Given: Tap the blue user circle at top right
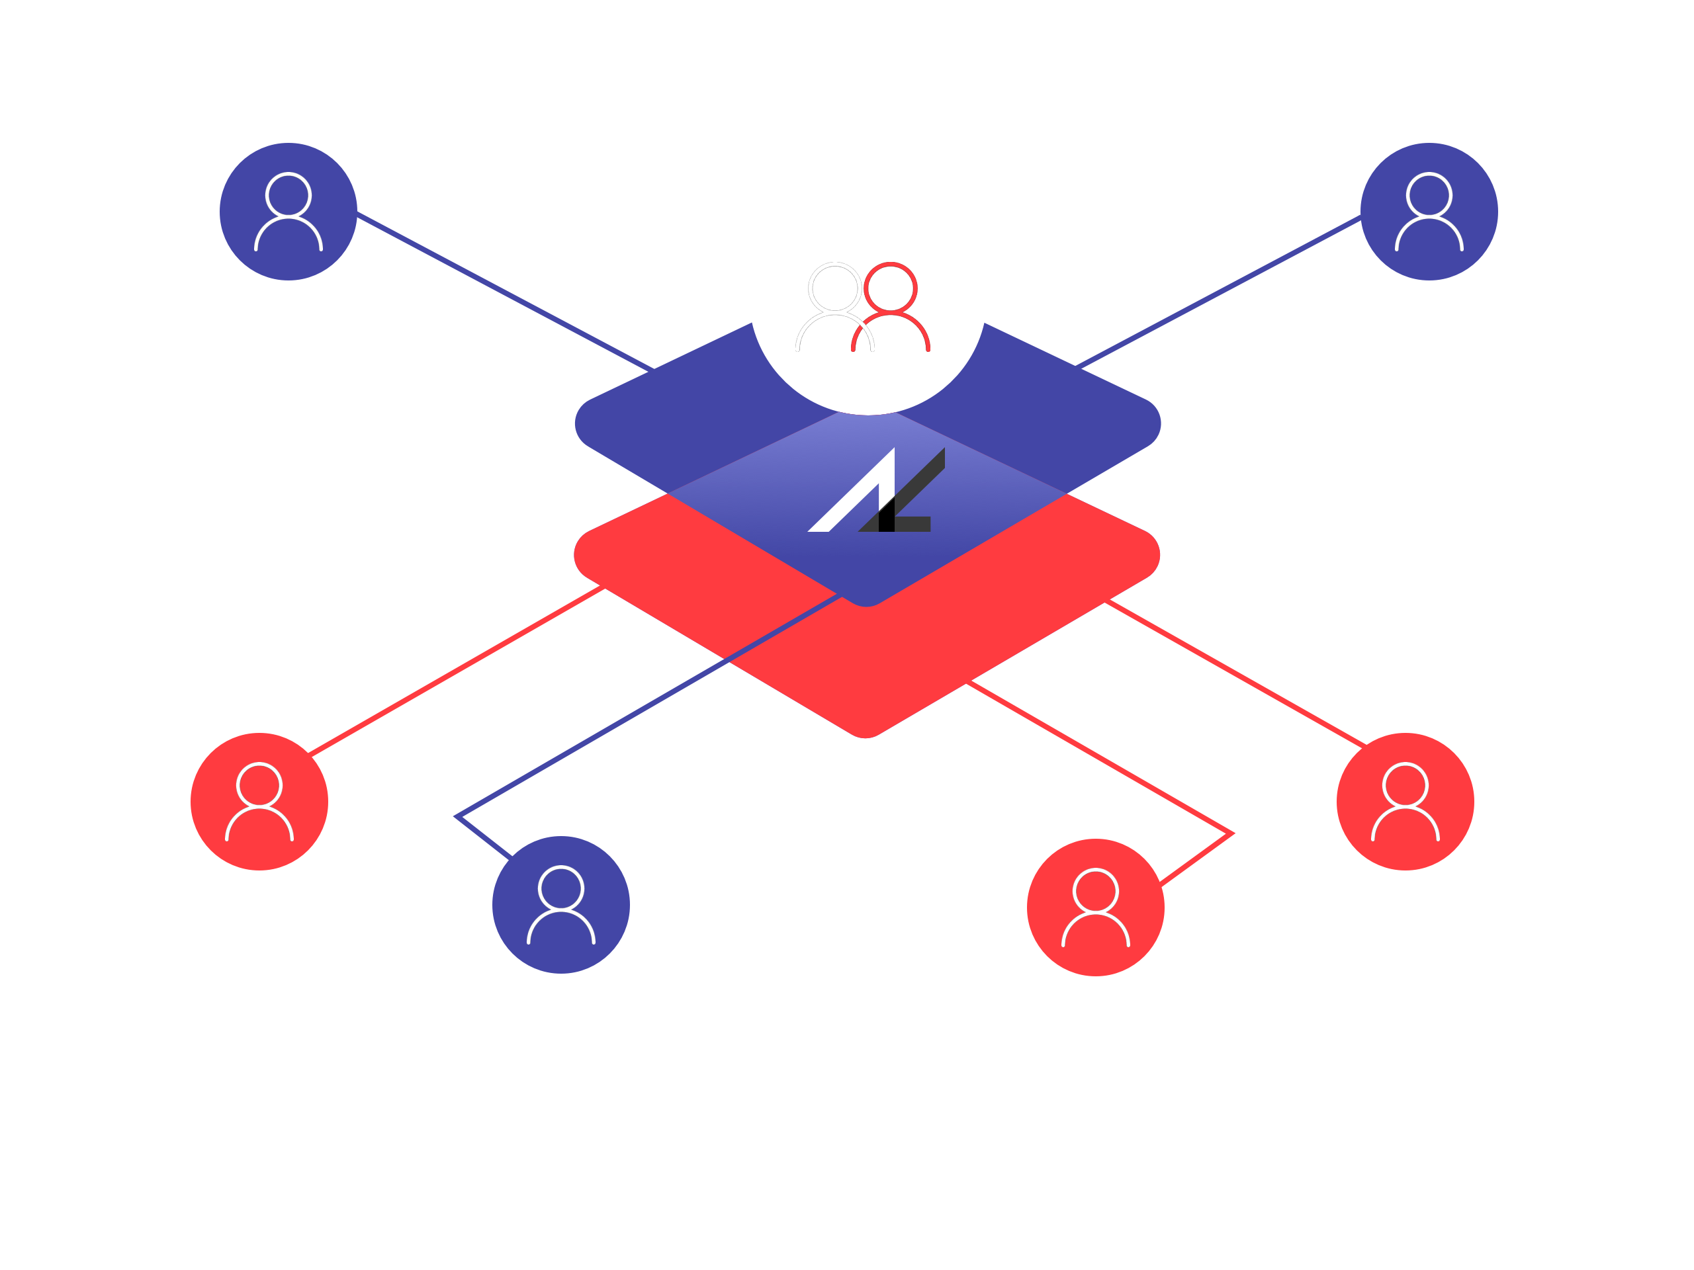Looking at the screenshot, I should (1429, 211).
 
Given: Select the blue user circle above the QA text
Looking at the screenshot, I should (560, 905).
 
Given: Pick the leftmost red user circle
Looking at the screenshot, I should (259, 802).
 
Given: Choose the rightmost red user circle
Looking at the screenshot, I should (1405, 802).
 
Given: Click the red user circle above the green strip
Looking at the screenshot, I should (1095, 907).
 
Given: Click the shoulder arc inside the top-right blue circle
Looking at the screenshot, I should (1429, 234).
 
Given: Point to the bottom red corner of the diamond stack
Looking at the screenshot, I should (866, 720).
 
